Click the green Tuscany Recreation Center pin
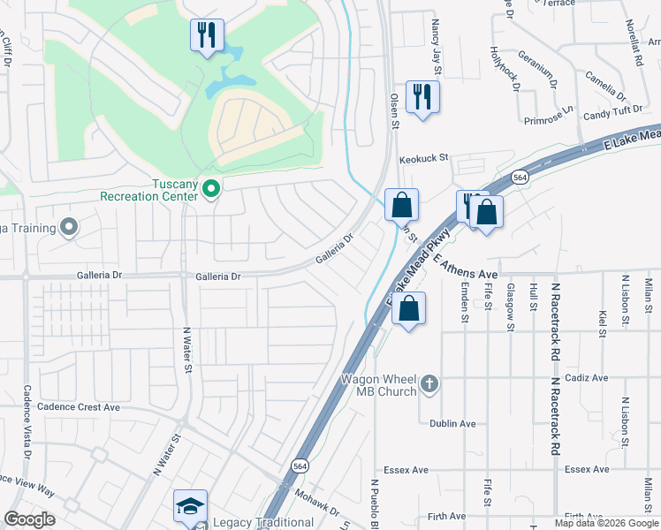[x=211, y=188]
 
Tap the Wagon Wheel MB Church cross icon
[x=429, y=383]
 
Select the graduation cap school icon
[x=190, y=506]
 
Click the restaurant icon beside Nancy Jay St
[x=422, y=96]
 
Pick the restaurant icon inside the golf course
[x=207, y=35]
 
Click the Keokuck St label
[x=424, y=159]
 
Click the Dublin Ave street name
[x=453, y=423]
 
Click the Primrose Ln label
[x=548, y=120]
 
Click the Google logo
[x=30, y=519]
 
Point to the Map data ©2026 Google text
[x=606, y=523]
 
